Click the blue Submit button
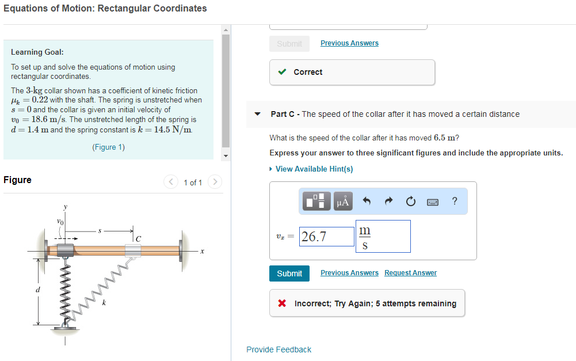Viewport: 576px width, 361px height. (289, 273)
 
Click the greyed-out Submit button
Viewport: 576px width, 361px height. (289, 44)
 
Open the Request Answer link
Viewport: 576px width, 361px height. (410, 273)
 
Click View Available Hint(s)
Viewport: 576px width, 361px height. (314, 169)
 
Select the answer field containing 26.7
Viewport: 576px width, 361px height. (326, 237)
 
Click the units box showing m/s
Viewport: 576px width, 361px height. (383, 237)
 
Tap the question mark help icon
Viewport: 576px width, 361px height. (455, 201)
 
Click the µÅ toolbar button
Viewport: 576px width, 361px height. (342, 201)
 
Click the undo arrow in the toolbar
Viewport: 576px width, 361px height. (366, 201)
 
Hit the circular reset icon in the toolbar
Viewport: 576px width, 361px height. (410, 201)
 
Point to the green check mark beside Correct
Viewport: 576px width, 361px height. (282, 72)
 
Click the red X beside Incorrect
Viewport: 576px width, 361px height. (282, 303)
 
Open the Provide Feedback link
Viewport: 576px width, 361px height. (279, 349)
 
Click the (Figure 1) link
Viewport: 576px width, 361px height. (108, 147)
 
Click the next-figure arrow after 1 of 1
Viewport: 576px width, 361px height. (215, 183)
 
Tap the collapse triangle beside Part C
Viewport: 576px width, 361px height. (258, 114)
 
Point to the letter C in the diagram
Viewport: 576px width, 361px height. (138, 238)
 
